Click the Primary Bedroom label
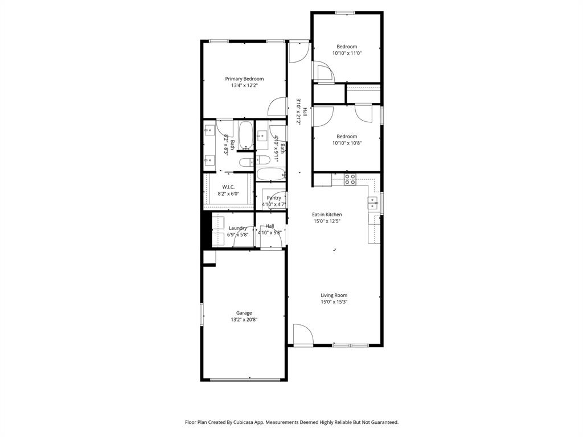tap(244, 79)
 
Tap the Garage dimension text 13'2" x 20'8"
tap(244, 320)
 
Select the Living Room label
tap(334, 295)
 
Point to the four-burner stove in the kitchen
tap(350, 179)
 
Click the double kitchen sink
tap(373, 203)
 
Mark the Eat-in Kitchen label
tap(327, 215)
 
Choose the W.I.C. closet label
tap(228, 187)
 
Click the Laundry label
tap(237, 228)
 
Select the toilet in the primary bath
tap(245, 163)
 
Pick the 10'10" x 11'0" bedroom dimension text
tap(347, 53)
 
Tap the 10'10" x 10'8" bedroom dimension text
tap(347, 143)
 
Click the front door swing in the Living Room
tap(302, 333)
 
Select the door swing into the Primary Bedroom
tap(277, 107)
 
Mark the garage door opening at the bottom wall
tap(244, 380)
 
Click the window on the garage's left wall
tap(202, 314)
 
